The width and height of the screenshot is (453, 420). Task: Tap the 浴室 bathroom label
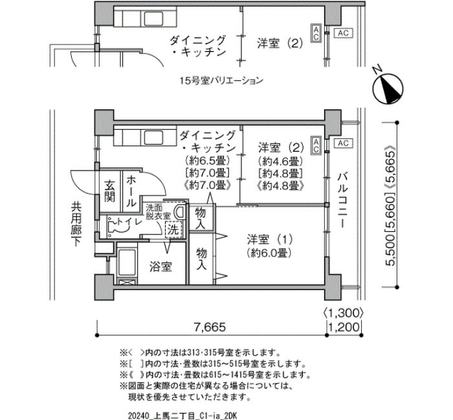point(160,267)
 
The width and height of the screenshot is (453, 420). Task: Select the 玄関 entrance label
point(109,191)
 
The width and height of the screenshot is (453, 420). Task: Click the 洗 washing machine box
point(173,230)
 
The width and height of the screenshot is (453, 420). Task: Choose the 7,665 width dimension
point(210,327)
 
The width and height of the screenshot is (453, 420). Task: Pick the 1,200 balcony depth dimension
point(344,328)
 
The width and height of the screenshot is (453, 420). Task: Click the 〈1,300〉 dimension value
point(342,313)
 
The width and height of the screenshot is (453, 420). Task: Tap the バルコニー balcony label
point(342,200)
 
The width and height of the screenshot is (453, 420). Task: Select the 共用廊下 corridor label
point(76,224)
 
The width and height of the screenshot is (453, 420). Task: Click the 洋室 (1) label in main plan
point(269,240)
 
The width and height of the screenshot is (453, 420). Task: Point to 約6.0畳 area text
point(269,253)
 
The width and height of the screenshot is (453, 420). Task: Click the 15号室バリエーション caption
point(221,80)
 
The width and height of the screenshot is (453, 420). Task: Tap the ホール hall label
point(131,191)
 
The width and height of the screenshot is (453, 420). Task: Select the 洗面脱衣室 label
point(158,211)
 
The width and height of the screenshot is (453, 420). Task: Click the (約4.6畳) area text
point(281,160)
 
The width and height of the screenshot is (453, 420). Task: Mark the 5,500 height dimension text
point(391,249)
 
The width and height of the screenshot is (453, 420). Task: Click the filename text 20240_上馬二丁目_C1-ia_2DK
point(182,416)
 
